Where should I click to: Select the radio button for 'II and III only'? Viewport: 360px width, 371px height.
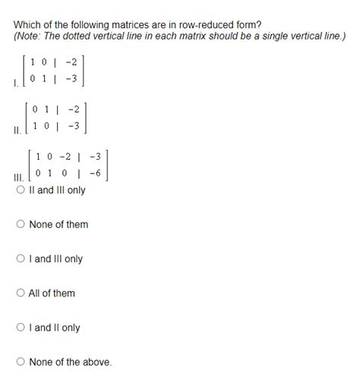point(21,190)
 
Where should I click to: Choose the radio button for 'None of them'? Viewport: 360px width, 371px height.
point(21,224)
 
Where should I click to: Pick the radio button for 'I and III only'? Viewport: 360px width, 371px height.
point(21,259)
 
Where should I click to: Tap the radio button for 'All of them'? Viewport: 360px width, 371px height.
point(21,293)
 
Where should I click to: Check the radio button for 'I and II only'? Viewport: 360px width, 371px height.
point(21,328)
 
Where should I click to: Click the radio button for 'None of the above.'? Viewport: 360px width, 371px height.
point(21,362)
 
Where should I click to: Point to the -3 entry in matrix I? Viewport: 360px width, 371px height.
point(72,78)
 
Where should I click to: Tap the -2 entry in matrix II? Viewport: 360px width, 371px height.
point(72,109)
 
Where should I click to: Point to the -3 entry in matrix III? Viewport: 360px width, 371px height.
point(95,157)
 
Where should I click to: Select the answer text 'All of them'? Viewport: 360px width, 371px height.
point(52,293)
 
